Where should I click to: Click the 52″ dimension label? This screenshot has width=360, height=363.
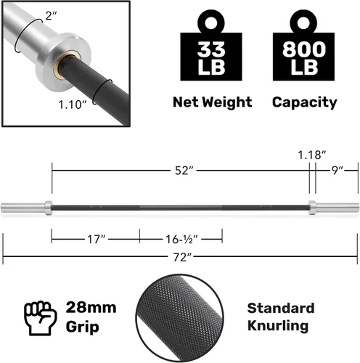click(x=184, y=171)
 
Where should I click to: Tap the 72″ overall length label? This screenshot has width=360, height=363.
click(x=182, y=257)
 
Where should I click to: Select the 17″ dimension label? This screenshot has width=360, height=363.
click(x=97, y=240)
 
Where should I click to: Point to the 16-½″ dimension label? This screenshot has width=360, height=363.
click(x=181, y=240)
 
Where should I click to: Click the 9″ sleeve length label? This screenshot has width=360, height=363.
click(x=337, y=171)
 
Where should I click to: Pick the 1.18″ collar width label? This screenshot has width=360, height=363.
click(x=312, y=155)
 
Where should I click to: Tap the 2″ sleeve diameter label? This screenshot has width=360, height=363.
click(x=51, y=16)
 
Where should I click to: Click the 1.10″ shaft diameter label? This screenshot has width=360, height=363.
click(x=73, y=105)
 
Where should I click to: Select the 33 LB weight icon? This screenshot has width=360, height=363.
click(x=211, y=45)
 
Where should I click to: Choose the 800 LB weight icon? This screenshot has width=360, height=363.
click(x=303, y=45)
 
